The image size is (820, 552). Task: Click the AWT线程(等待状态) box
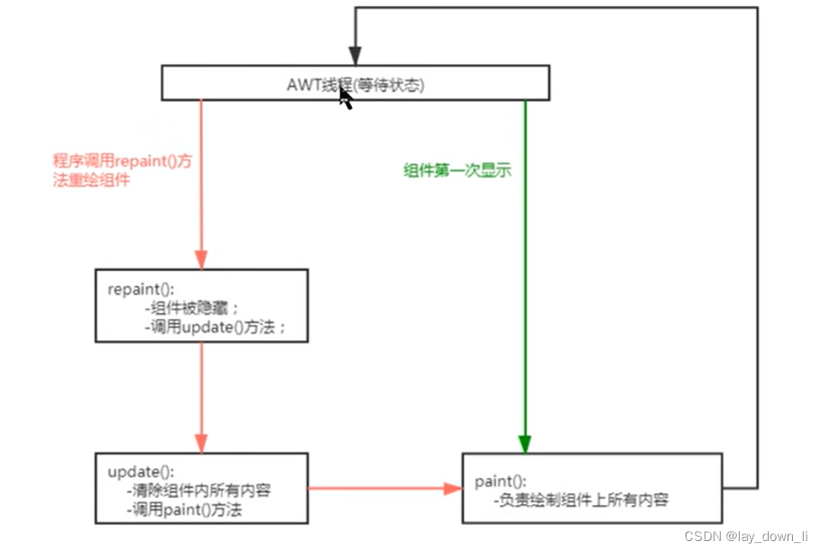point(253,84)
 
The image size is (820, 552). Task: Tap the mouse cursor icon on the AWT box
point(345,98)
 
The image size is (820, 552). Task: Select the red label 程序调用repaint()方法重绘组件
point(121,170)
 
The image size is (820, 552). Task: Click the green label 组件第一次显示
point(457,170)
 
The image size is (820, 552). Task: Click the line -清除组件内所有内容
point(202,490)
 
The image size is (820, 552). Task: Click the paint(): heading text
point(501,481)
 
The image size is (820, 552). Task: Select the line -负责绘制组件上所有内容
point(581,501)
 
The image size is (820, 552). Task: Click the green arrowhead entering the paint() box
point(524,444)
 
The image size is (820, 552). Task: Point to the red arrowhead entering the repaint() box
point(201,260)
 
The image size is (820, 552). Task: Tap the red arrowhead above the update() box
point(201,443)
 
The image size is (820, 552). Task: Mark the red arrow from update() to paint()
point(379,488)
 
